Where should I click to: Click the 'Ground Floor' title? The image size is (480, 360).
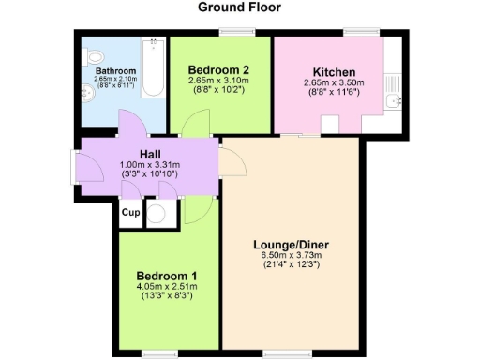[x=240, y=7]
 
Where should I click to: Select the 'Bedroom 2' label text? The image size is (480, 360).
[x=218, y=69]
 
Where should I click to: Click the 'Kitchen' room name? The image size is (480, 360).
[x=332, y=71]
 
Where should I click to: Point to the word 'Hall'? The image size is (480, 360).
[x=150, y=154]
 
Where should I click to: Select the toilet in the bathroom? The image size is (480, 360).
[x=91, y=58]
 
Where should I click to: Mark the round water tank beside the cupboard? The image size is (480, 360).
[x=158, y=213]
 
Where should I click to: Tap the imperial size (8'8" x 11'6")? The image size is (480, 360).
[x=332, y=92]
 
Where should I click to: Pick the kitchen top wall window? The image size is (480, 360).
[x=354, y=35]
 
